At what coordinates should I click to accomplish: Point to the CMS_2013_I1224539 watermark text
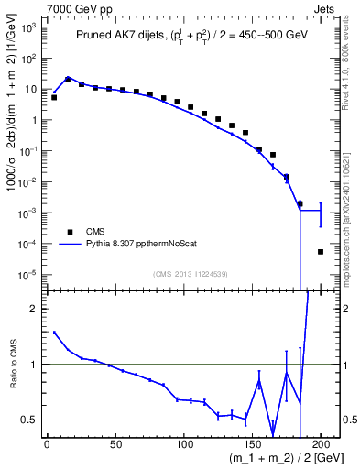click(191, 273)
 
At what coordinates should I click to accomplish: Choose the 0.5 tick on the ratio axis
click(29, 420)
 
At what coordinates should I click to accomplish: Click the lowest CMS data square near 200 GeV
click(321, 252)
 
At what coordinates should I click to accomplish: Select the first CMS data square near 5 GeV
click(54, 97)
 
